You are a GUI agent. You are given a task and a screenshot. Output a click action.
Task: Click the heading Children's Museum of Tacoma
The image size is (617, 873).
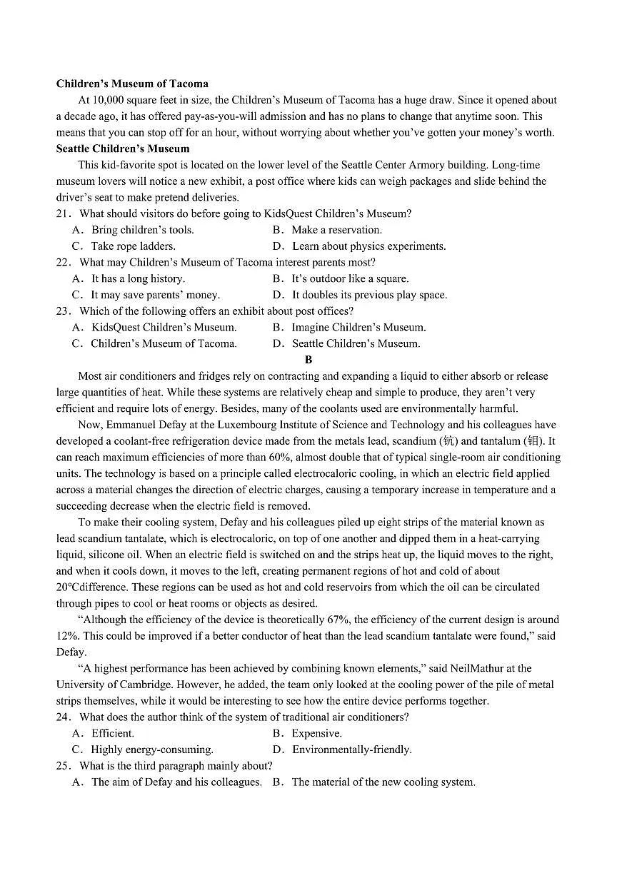[x=132, y=84]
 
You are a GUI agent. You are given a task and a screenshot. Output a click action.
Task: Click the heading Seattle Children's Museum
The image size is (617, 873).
[x=123, y=148]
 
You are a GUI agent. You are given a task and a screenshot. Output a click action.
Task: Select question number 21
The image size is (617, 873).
[x=63, y=213]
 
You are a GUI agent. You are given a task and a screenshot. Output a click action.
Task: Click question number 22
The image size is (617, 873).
[x=63, y=263]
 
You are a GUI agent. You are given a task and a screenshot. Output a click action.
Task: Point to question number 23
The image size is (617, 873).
[x=63, y=311]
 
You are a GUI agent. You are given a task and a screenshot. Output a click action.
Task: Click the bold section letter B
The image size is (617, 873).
[x=308, y=360]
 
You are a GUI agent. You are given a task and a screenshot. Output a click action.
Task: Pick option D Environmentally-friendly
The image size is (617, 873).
[x=351, y=750]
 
